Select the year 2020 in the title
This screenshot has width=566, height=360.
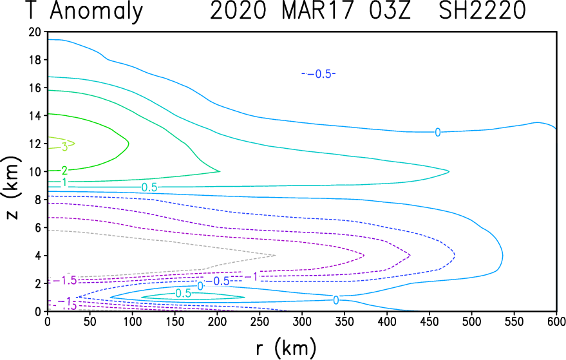(238, 10)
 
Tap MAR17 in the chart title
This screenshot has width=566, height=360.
(316, 10)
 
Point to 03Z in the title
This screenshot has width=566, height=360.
(390, 10)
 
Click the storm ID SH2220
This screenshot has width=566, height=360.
(482, 10)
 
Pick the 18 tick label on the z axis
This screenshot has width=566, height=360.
(35, 60)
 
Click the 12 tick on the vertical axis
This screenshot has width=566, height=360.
(35, 144)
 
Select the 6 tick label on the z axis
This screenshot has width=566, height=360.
(38, 228)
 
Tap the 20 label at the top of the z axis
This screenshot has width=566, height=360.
(35, 32)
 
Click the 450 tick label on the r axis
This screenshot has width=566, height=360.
(429, 321)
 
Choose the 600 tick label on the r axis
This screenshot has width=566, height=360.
(556, 321)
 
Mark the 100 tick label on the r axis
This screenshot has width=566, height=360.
(132, 321)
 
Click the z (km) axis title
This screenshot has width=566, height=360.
(13, 187)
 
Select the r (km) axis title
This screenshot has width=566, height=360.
(287, 348)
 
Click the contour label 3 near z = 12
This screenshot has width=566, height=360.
(65, 147)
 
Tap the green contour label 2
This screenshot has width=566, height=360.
(65, 170)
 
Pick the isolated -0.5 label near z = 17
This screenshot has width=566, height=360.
(319, 73)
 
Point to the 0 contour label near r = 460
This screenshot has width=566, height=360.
(437, 133)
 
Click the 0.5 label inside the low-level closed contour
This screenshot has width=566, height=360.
(184, 294)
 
